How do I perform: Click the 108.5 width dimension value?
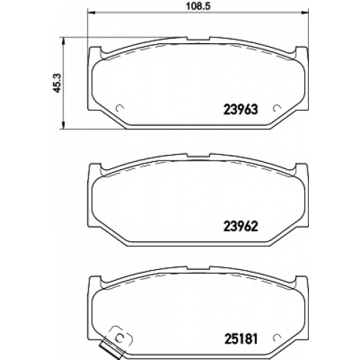[198, 6]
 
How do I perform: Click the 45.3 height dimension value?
[58, 83]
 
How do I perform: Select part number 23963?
[240, 109]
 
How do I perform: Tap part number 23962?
[240, 226]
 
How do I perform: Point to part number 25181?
[240, 338]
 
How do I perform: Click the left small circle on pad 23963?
[120, 109]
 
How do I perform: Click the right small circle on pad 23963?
[276, 109]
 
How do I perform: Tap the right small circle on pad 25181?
[276, 337]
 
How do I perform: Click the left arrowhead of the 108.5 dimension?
[91, 12]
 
